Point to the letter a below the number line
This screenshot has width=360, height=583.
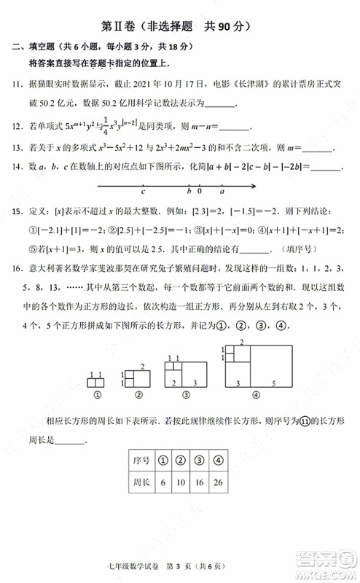(x=222, y=192)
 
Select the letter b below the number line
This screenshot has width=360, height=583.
(x=188, y=192)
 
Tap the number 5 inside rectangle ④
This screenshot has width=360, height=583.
(x=273, y=383)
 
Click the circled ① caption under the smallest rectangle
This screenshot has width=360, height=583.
(x=95, y=396)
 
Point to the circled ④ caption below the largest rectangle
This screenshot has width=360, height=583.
(x=256, y=396)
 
